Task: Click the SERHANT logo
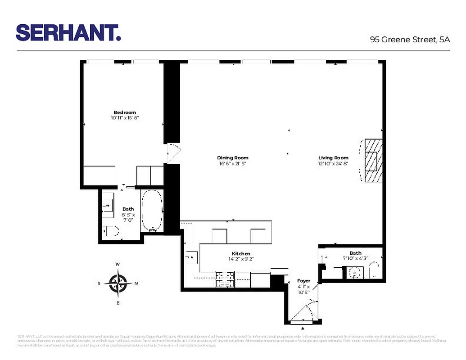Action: [68, 32]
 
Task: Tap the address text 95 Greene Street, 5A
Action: [410, 39]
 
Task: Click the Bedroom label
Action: [125, 112]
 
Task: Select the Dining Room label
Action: [233, 158]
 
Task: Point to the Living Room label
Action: [333, 158]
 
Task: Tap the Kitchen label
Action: [241, 254]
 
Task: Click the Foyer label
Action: [304, 281]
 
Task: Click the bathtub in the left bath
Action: [152, 210]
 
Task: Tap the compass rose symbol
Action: [118, 283]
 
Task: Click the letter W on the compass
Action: [118, 264]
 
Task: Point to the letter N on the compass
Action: [136, 283]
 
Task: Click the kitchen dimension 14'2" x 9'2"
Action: [241, 259]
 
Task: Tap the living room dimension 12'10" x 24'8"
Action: [333, 163]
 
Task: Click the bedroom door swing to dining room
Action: [173, 153]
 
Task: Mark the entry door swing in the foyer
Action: [306, 313]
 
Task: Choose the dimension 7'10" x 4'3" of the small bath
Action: [355, 258]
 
